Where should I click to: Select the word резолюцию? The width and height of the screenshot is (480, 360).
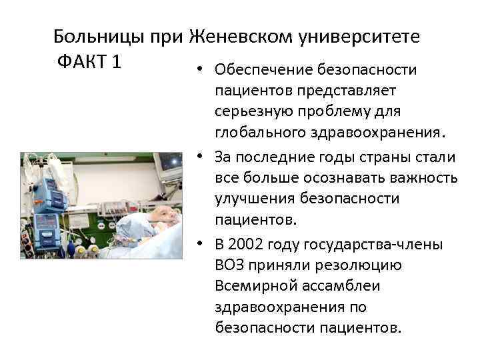click(x=365, y=266)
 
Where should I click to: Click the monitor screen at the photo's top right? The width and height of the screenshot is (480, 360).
click(x=170, y=162)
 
